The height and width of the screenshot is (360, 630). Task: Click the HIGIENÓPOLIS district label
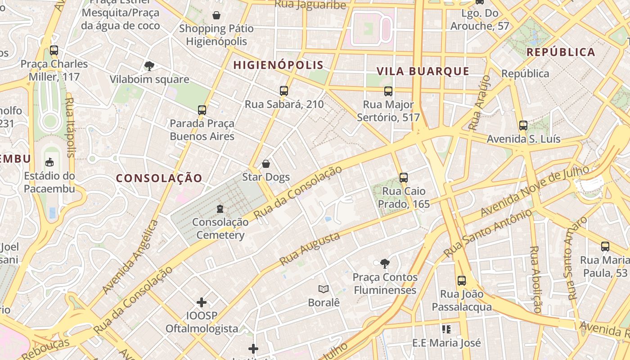click(278, 65)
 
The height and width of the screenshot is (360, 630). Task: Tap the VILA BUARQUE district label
click(423, 71)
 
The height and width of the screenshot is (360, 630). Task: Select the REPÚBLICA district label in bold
click(561, 52)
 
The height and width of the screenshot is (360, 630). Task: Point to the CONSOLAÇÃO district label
click(159, 178)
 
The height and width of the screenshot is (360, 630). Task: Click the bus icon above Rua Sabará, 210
click(283, 91)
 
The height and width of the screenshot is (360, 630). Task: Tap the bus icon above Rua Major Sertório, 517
click(388, 91)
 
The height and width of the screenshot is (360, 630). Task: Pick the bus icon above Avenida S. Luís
click(523, 126)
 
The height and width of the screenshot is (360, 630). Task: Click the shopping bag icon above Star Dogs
click(266, 164)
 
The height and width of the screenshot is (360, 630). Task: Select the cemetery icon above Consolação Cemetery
click(220, 209)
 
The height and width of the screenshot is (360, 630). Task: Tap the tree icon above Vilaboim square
click(149, 66)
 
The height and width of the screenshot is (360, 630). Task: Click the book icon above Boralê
click(323, 289)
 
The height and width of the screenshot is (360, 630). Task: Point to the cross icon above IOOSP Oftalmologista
click(202, 302)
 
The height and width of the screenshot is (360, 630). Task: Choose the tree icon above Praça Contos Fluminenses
click(385, 263)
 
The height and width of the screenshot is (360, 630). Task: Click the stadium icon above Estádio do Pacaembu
click(49, 162)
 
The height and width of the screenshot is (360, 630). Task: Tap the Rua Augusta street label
click(309, 249)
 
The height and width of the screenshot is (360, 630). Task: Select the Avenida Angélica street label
click(130, 257)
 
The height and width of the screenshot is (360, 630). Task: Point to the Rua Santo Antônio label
click(487, 233)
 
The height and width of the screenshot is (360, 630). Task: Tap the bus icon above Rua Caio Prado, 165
click(403, 178)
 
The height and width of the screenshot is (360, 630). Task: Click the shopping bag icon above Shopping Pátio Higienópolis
click(216, 15)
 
